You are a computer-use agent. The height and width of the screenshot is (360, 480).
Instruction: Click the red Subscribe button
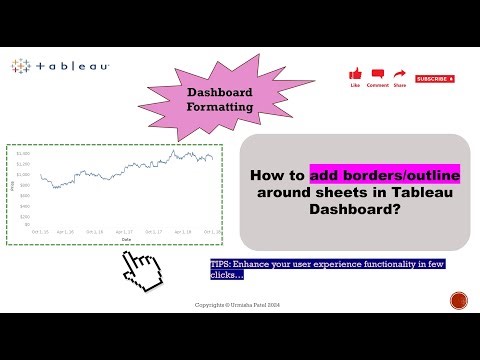point(435,78)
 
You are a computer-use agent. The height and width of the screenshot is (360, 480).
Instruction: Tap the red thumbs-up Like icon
point(355,73)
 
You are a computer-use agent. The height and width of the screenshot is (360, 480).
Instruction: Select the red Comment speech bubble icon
point(378,73)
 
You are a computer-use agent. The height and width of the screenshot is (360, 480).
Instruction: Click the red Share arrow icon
point(400,73)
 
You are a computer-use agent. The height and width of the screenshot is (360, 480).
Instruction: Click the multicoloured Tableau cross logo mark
point(20,67)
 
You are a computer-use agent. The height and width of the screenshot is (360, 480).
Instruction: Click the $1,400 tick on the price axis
point(21,153)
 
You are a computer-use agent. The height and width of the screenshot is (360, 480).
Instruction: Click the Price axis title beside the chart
point(11,186)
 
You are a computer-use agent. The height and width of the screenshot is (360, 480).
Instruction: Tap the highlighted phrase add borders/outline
point(385,173)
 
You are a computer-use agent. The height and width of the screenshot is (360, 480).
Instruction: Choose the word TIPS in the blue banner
point(220,264)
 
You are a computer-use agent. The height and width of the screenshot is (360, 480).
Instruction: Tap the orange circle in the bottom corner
point(459,300)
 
